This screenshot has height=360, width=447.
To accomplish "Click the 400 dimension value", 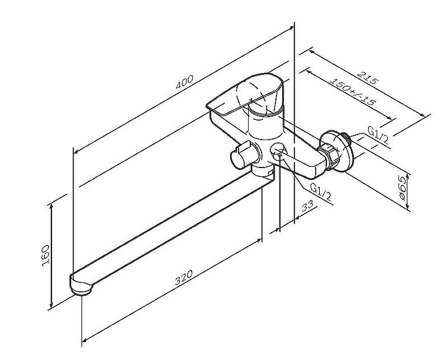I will [184, 82].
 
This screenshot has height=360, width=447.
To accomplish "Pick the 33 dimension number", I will [307, 207].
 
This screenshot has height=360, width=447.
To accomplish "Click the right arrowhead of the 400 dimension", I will [292, 26].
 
